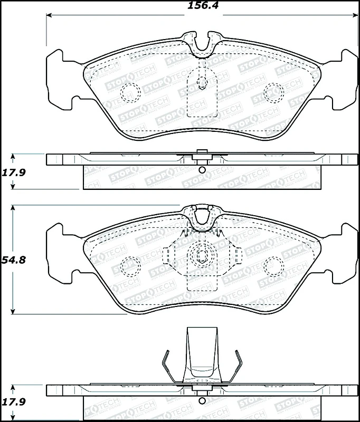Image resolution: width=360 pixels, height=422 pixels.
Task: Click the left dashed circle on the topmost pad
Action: [x=129, y=93]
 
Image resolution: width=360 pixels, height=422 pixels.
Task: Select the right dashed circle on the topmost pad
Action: [x=273, y=93]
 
